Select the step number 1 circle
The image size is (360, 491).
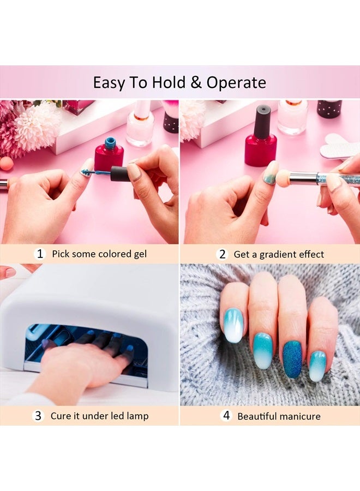[39, 254]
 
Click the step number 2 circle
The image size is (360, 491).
[222, 254]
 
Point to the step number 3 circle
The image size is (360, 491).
[38, 416]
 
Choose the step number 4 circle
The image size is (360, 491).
[226, 416]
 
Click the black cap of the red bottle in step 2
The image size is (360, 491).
[262, 121]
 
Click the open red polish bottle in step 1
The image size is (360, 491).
[109, 155]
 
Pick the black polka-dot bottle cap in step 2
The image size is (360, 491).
[329, 109]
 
